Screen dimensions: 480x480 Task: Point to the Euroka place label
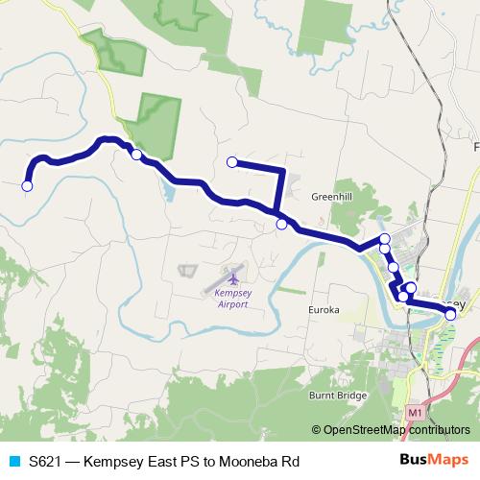point(324,311)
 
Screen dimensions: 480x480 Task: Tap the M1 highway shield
point(415,412)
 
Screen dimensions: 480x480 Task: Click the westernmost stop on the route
point(28,186)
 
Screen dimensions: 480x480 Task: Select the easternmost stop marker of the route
point(450,314)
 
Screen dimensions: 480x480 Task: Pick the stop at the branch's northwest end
point(231,162)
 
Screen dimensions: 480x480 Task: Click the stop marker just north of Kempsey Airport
point(281,224)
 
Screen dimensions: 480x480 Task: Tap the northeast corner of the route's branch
point(283,170)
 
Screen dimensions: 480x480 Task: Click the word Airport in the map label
point(232,303)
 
